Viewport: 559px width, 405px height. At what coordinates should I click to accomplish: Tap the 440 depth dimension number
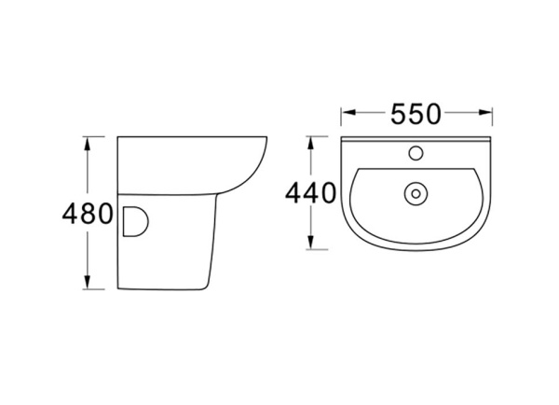[x=310, y=194]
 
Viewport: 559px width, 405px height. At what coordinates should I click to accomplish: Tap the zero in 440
[x=328, y=194]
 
